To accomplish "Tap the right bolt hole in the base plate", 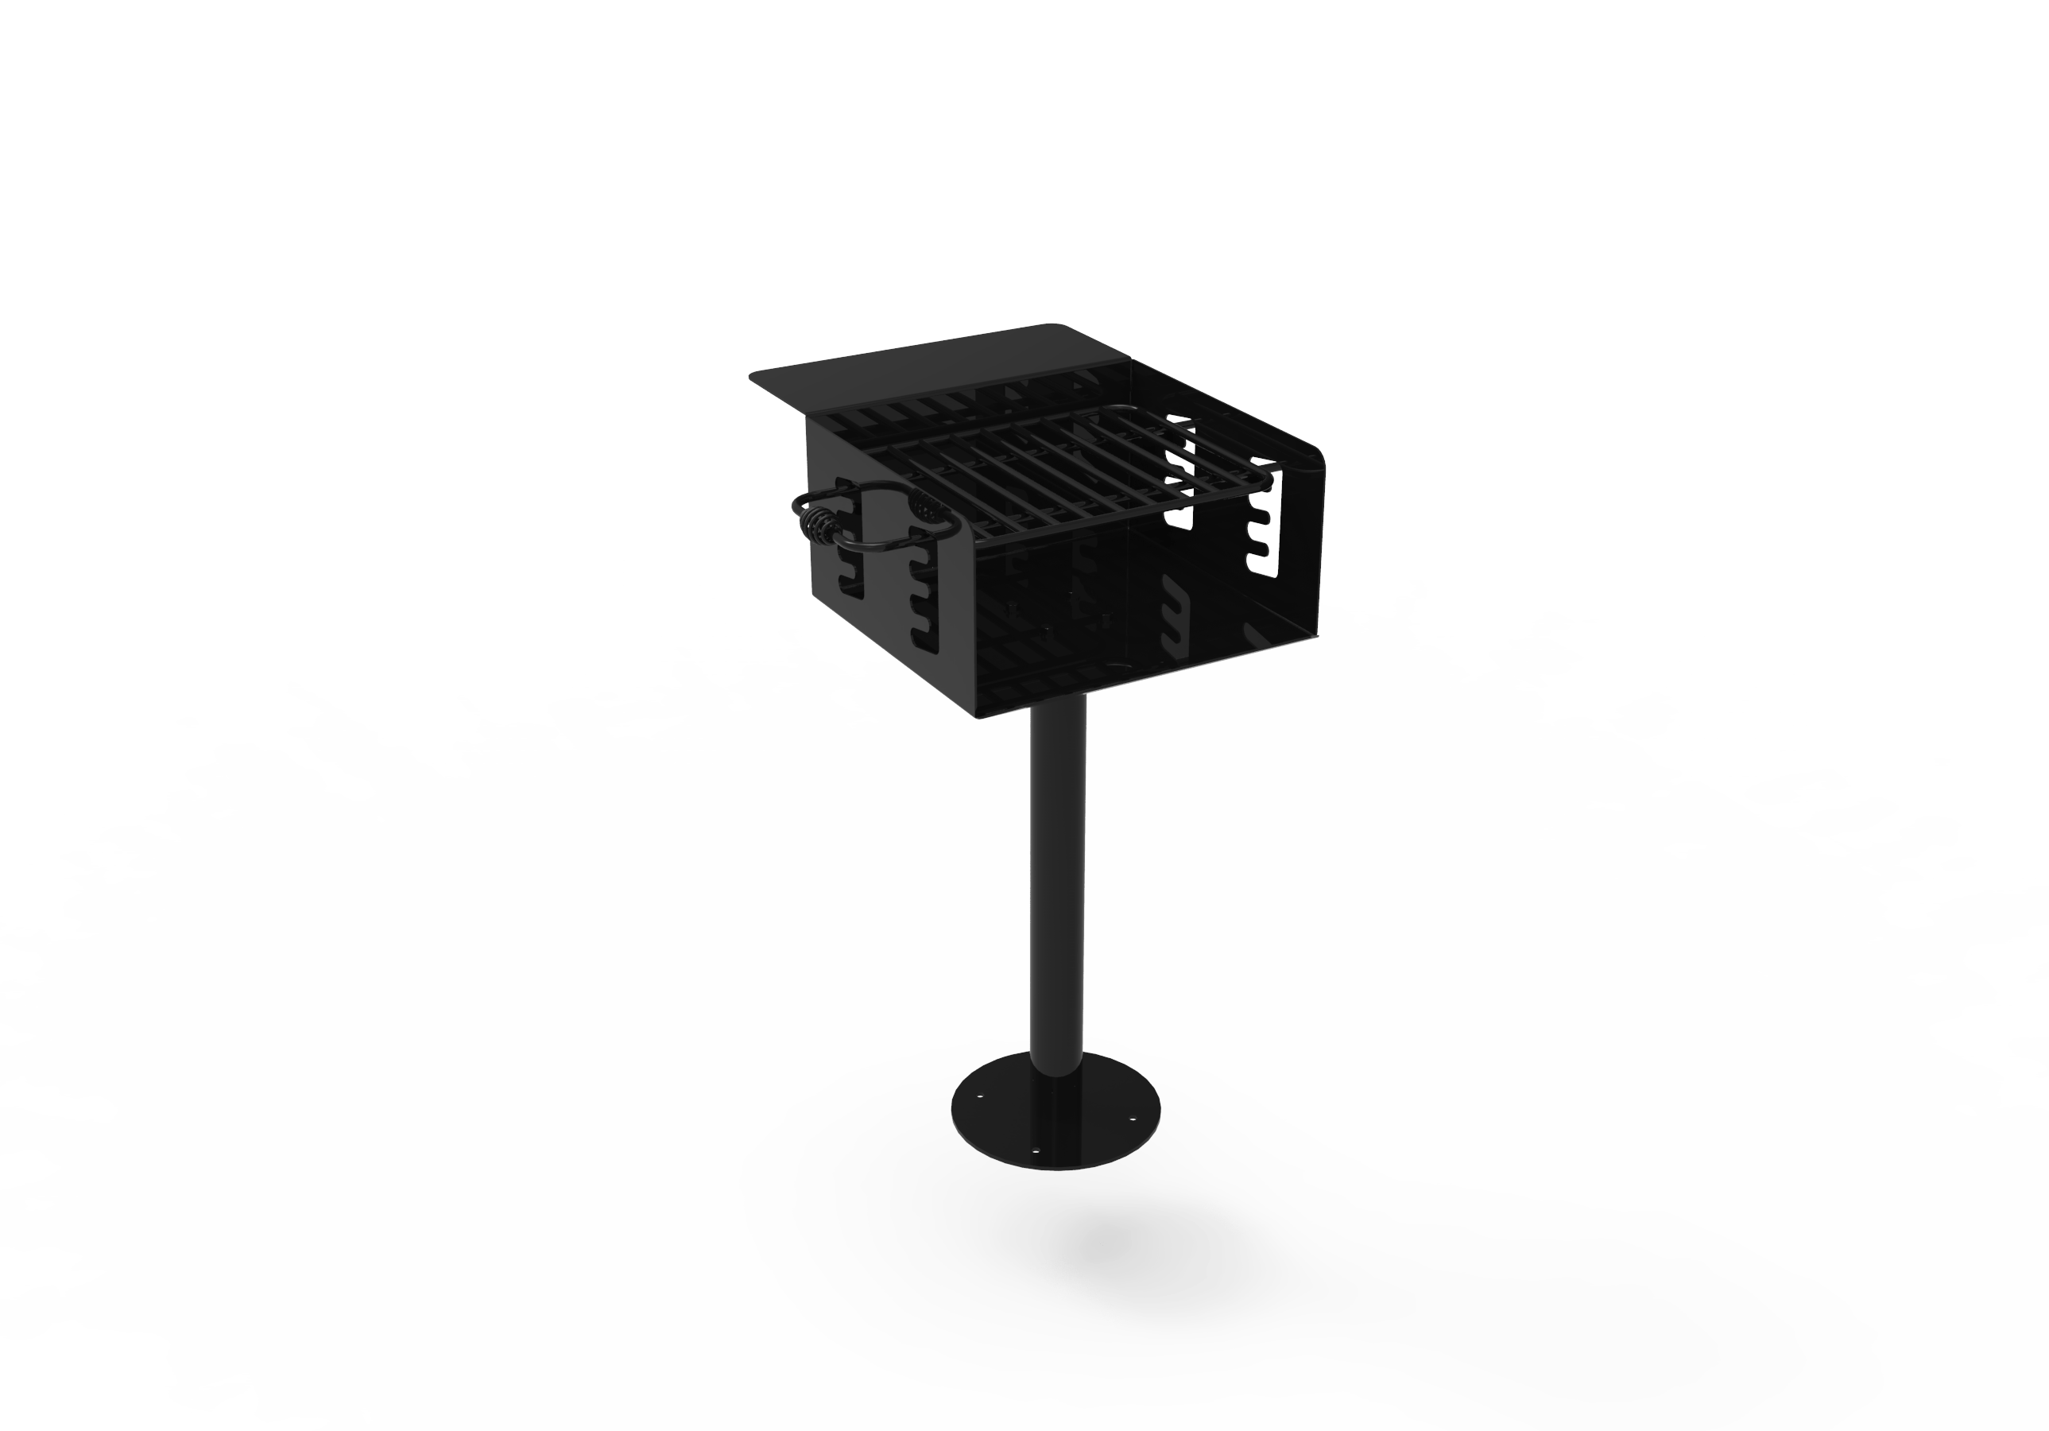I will pos(1133,1118).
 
